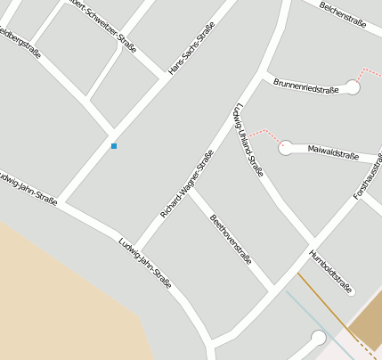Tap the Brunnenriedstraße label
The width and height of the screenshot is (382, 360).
tap(305, 86)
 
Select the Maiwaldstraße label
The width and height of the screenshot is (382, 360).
tap(332, 152)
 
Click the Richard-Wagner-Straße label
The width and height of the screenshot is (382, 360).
tap(187, 184)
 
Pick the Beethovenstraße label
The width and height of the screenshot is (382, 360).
tap(231, 240)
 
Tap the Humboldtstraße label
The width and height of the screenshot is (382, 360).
tap(331, 271)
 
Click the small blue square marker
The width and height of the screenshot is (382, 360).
tap(114, 145)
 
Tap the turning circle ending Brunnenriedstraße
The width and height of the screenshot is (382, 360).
tap(353, 88)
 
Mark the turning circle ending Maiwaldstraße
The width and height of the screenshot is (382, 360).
tap(286, 149)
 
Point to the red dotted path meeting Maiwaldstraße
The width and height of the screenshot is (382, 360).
tap(264, 134)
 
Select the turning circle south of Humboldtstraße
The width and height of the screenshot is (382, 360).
tap(318, 337)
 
